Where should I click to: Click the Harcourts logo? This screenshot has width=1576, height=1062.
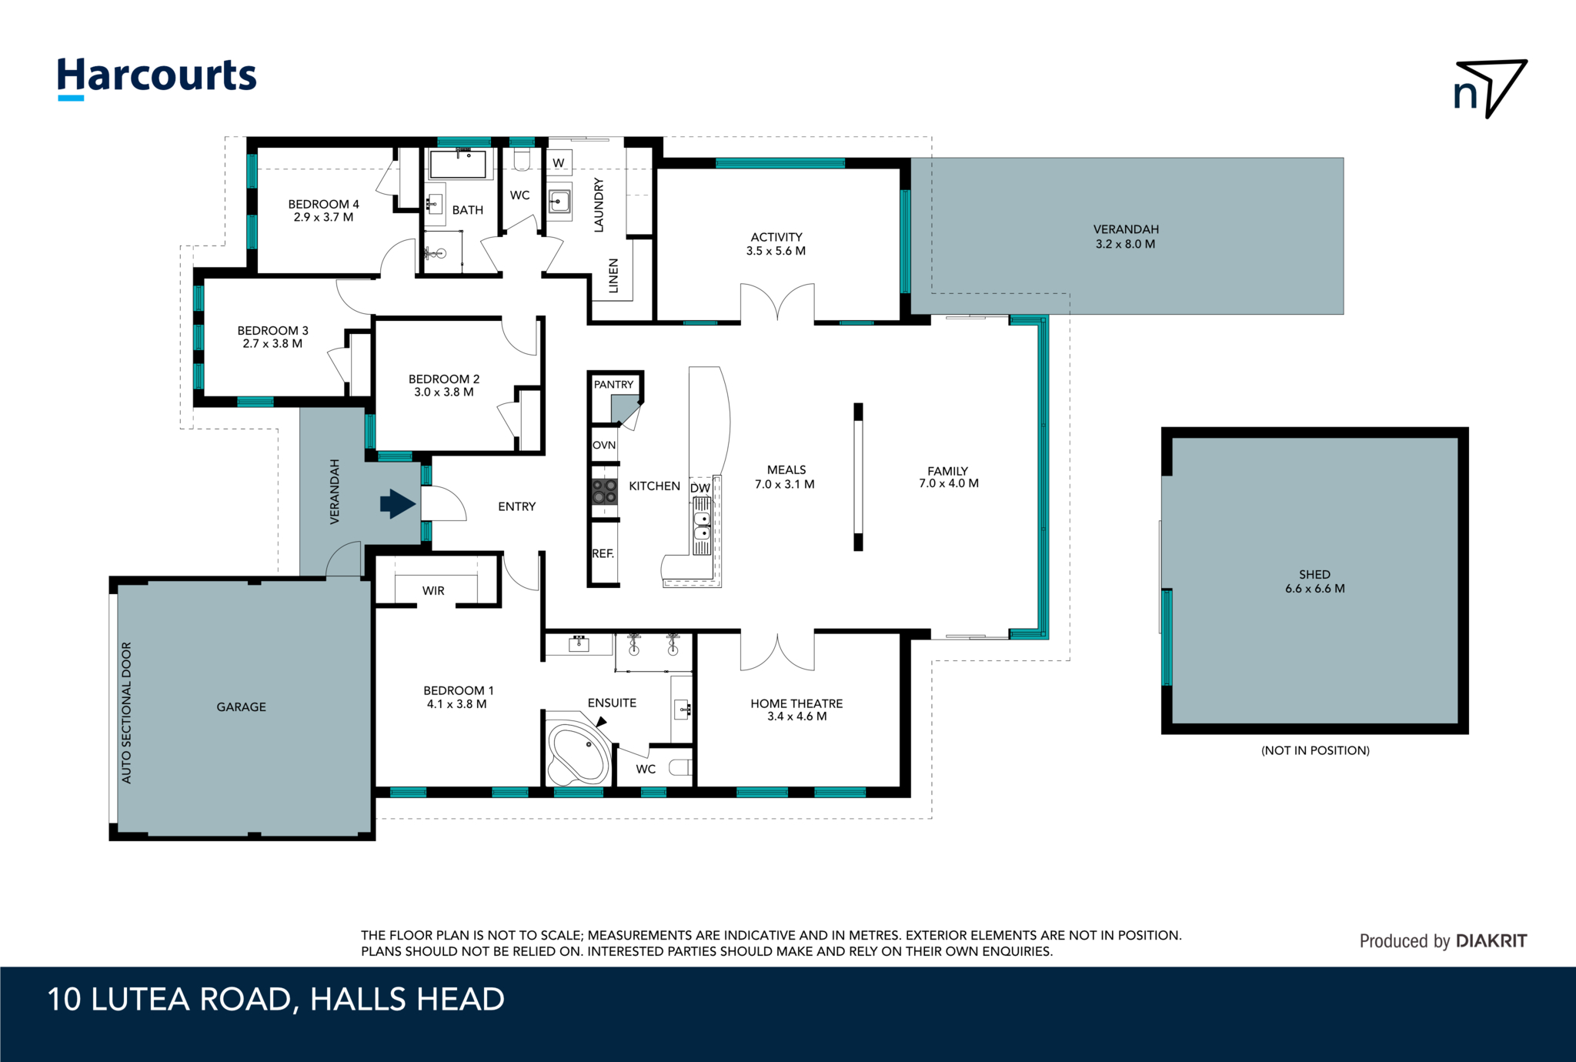point(157,78)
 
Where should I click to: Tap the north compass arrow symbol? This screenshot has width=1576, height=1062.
point(1490,88)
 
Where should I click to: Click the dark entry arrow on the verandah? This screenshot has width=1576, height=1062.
point(398,504)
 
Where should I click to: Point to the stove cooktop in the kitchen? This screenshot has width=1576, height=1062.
point(605,492)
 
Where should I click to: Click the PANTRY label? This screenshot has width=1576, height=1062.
point(613,384)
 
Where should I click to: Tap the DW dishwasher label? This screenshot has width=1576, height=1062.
point(700,488)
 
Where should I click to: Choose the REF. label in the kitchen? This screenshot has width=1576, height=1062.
point(603,553)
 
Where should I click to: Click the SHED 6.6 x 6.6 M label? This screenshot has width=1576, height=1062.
point(1314,581)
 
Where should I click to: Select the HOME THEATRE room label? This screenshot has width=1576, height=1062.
point(796,703)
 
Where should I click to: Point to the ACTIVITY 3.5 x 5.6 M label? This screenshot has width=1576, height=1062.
point(776,244)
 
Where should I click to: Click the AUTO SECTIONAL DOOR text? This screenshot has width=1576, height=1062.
point(127,713)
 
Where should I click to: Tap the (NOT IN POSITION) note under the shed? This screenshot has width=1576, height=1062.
point(1315,750)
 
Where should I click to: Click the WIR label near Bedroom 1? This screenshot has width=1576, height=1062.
point(433,590)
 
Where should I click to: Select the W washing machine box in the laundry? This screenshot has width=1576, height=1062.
point(559,162)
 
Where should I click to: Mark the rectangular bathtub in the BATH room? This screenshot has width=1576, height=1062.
point(458,164)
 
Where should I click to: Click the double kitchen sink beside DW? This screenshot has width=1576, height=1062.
point(702,526)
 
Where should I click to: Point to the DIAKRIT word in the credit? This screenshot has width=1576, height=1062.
point(1491,940)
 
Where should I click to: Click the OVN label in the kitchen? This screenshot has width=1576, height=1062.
point(604,445)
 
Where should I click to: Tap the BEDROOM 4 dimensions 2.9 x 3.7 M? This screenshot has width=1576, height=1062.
point(323,217)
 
